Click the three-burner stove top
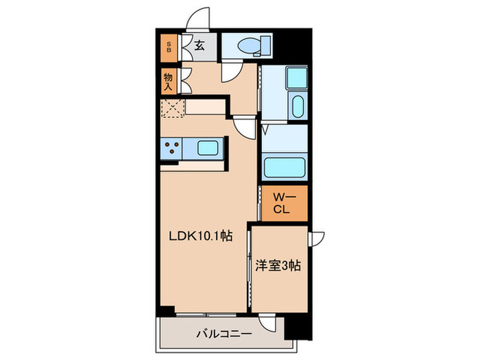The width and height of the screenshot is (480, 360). click(x=171, y=147)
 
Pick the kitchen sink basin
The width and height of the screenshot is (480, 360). click(x=208, y=147)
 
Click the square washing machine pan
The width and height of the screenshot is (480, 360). click(x=296, y=80)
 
